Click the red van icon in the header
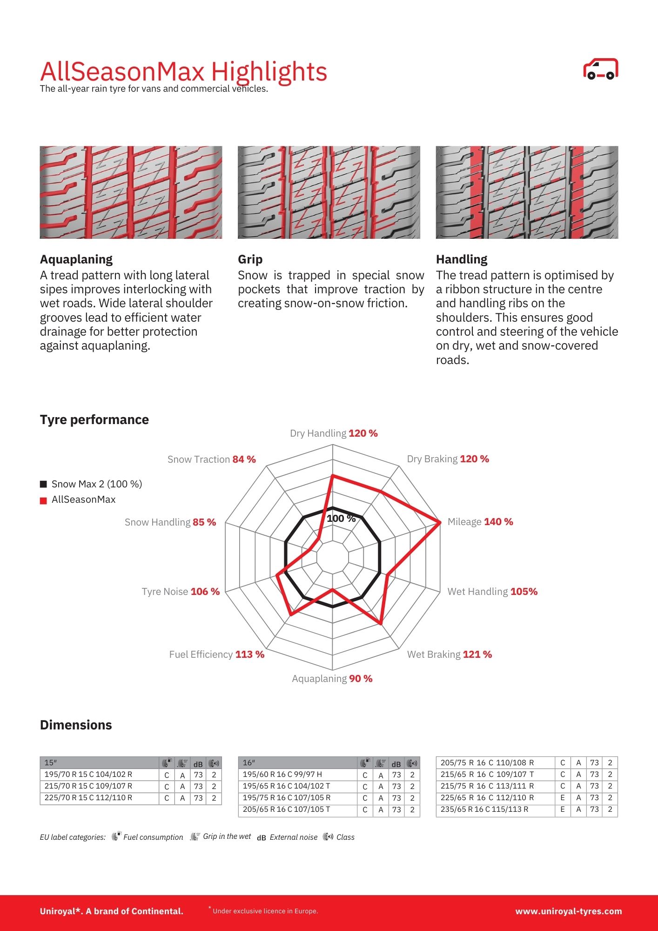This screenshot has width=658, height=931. pos(600,69)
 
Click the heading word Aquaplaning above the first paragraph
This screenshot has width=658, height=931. pos(76,259)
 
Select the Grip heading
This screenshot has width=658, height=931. pos(250,259)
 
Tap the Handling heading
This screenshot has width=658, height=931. pos(462,259)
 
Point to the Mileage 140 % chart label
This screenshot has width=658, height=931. pos(480,522)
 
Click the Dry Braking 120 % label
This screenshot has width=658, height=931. pos(448,459)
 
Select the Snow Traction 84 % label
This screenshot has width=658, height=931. pos(211,459)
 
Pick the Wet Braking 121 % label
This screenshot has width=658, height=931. pos(449,654)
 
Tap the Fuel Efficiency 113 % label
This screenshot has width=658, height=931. pos(216,654)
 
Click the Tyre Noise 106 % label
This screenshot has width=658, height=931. pos(181,592)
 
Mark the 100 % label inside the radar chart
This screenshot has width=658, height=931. pos(341,519)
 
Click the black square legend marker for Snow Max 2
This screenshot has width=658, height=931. pos(43,484)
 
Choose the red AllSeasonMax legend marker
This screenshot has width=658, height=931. pos(43,500)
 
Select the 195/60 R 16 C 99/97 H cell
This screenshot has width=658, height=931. pos(282,775)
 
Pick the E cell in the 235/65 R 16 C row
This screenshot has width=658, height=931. pos(563,810)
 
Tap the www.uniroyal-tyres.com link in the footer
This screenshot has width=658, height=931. pos(568,911)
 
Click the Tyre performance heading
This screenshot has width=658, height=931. pos(94,420)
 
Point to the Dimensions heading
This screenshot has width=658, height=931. pos(76,725)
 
